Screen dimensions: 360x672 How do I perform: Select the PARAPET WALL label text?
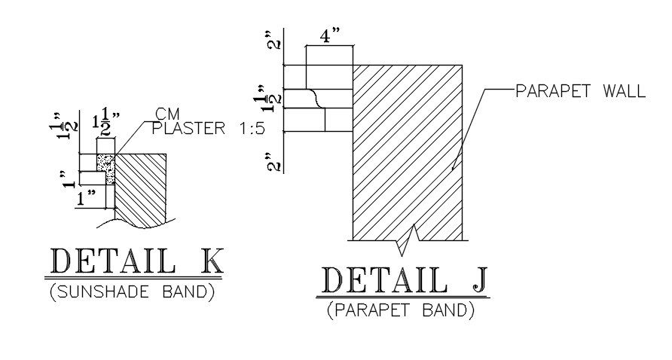tap(580, 92)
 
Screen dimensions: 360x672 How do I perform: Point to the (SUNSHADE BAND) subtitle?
tap(133, 292)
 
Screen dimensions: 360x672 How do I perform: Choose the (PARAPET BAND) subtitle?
tap(401, 310)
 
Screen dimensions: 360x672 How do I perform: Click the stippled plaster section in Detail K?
tap(106, 168)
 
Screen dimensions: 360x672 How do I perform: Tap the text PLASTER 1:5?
tap(208, 128)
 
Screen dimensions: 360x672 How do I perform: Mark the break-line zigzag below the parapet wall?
tap(408, 239)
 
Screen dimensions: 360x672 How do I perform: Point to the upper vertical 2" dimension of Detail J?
tap(276, 41)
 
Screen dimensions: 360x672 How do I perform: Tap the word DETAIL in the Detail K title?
tap(114, 262)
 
